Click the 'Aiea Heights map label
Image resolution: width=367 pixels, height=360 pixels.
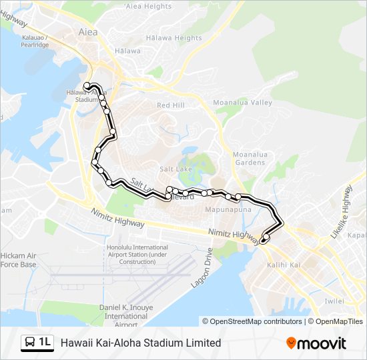[148, 7]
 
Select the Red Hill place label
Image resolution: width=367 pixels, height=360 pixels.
[170, 105]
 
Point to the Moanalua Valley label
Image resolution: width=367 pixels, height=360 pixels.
[242, 103]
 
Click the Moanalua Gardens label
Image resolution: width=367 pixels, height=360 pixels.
[250, 159]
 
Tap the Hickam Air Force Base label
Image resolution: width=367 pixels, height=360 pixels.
[18, 260]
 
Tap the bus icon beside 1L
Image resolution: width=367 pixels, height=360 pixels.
[31, 343]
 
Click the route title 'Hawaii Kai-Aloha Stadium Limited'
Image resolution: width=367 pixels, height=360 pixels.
[141, 343]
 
